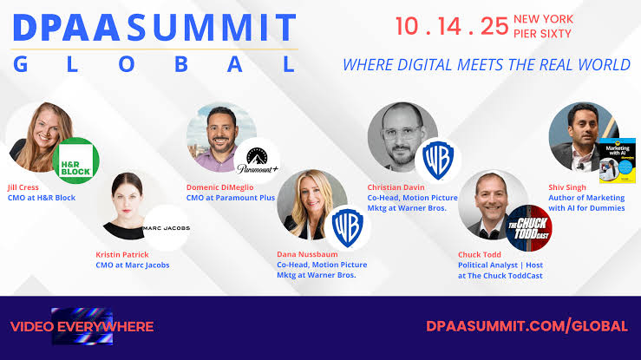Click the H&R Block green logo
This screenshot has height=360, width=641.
click(75, 160)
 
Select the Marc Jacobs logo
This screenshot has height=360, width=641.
click(166, 228)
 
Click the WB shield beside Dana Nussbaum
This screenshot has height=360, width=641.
click(348, 226)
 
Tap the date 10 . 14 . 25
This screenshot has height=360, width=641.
click(451, 25)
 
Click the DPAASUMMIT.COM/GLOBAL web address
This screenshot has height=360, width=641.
click(527, 326)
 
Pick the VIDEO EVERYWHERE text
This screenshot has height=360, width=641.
click(82, 327)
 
